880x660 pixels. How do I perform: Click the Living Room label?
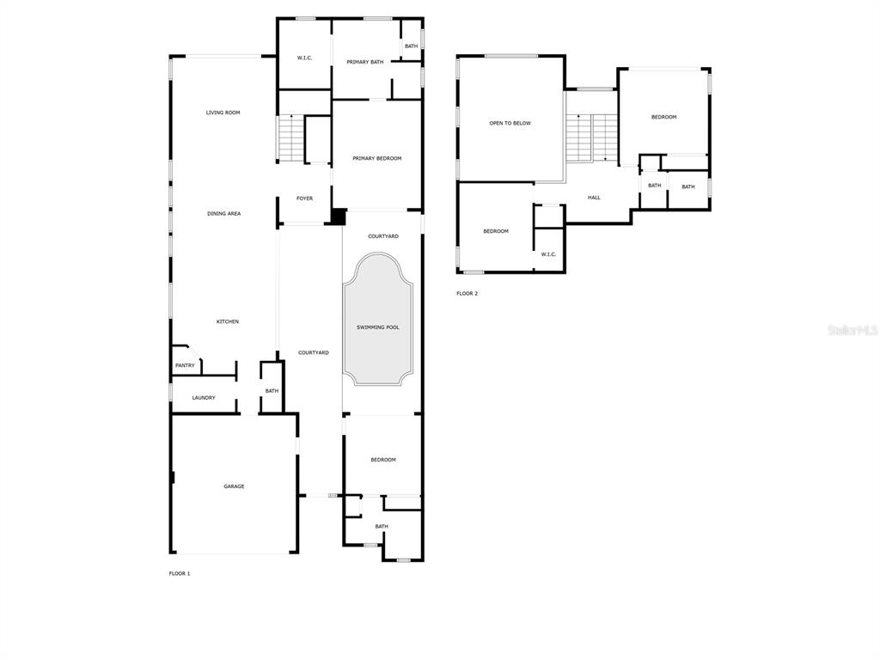[223, 113]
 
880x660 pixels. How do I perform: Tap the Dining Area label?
[224, 214]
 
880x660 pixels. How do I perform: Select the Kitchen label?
[228, 322]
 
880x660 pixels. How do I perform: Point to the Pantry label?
[185, 366]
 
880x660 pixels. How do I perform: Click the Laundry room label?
[204, 398]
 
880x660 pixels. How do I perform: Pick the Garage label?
[234, 486]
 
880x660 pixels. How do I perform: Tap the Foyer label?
[305, 199]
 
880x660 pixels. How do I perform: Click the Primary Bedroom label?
[377, 159]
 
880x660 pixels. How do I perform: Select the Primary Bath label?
[364, 62]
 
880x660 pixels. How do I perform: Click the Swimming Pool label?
[378, 327]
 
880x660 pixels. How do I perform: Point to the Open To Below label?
[510, 124]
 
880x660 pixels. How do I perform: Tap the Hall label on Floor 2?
[595, 198]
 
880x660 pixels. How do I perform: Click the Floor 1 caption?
[180, 573]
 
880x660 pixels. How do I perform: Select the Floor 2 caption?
[467, 294]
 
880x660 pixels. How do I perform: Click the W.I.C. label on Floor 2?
[549, 254]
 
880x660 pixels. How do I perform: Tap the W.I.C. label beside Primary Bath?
[305, 58]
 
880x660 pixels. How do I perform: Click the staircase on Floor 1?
[290, 138]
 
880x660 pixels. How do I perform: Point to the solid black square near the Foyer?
[338, 217]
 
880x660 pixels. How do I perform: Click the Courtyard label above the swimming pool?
[383, 237]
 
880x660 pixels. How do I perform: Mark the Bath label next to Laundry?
[272, 391]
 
